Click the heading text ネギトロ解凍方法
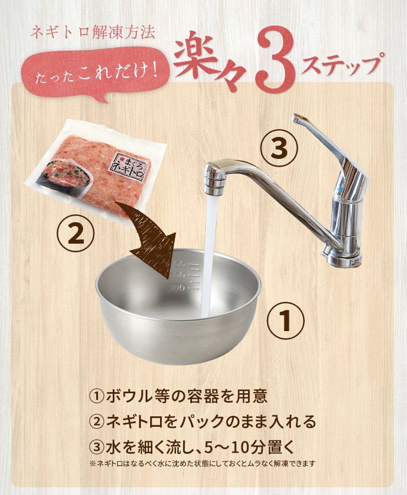(x=92, y=32)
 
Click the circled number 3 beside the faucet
(x=279, y=148)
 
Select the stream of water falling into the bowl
(x=210, y=256)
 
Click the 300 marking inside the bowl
(x=176, y=288)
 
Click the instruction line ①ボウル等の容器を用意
(x=178, y=396)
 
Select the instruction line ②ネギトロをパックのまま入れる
(x=202, y=421)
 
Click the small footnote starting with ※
(x=202, y=464)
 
